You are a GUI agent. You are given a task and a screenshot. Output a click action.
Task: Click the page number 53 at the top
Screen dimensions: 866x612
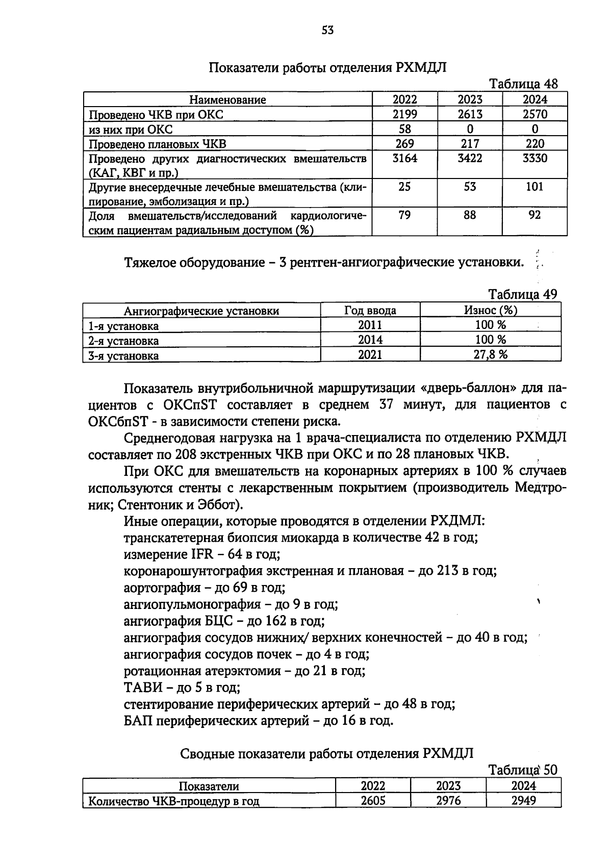328,30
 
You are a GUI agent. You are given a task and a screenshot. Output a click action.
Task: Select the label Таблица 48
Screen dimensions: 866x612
524,84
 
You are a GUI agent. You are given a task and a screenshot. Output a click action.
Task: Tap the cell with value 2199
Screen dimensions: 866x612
404,114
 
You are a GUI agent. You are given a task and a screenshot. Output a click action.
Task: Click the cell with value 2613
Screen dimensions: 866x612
470,114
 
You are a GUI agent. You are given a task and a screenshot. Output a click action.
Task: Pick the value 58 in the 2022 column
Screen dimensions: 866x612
404,129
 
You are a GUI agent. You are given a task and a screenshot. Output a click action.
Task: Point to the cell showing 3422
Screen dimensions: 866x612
470,159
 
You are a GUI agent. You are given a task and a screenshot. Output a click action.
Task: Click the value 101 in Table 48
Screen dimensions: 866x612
534,187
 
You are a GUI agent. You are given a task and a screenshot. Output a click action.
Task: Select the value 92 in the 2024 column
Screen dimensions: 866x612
534,216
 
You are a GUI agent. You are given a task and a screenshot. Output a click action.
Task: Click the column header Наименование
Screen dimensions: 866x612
227,100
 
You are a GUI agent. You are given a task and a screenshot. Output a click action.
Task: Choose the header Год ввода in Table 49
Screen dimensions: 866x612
370,311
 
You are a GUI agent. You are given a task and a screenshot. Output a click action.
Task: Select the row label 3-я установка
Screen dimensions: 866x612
123,356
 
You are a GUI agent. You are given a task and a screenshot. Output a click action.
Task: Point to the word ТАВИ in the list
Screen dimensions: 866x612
142,688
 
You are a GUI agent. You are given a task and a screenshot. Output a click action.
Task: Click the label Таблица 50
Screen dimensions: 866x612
523,770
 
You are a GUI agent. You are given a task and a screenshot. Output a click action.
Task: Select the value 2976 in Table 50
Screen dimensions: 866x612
448,801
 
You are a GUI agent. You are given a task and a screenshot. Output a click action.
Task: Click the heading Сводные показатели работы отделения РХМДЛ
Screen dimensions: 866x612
327,754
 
